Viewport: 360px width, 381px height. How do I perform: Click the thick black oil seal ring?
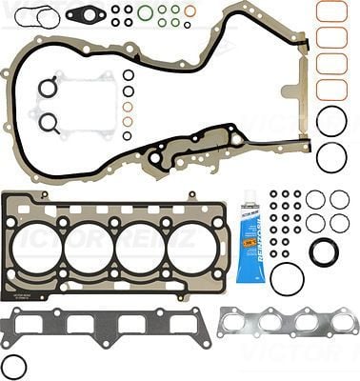pyautogui.click(x=324, y=252)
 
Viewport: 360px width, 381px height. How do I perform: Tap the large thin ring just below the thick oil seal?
pyautogui.click(x=287, y=279)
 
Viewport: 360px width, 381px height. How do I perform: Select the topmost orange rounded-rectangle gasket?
pyautogui.click(x=331, y=11)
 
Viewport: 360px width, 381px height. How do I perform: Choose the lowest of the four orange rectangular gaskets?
pyautogui.click(x=331, y=90)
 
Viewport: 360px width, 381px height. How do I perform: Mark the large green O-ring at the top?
pyautogui.click(x=146, y=12)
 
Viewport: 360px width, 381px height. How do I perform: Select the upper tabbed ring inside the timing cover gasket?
pyautogui.click(x=48, y=89)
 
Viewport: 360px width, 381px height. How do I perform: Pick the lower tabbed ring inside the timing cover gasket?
pyautogui.click(x=48, y=123)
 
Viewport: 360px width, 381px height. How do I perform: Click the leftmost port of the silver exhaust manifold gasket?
pyautogui.click(x=239, y=323)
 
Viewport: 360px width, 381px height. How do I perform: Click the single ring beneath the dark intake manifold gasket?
pyautogui.click(x=14, y=365)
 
